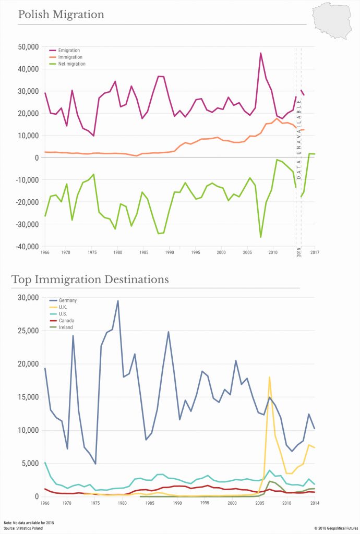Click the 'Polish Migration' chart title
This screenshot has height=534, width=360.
61,15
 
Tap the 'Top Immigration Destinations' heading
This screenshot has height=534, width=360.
90,280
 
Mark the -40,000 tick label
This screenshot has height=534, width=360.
25,246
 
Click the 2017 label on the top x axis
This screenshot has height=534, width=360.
315,253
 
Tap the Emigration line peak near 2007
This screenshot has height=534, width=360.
261,53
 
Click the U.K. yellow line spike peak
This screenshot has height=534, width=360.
269,377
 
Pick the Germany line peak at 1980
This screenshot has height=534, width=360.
117,301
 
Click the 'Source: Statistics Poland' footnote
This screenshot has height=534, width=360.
23,528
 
